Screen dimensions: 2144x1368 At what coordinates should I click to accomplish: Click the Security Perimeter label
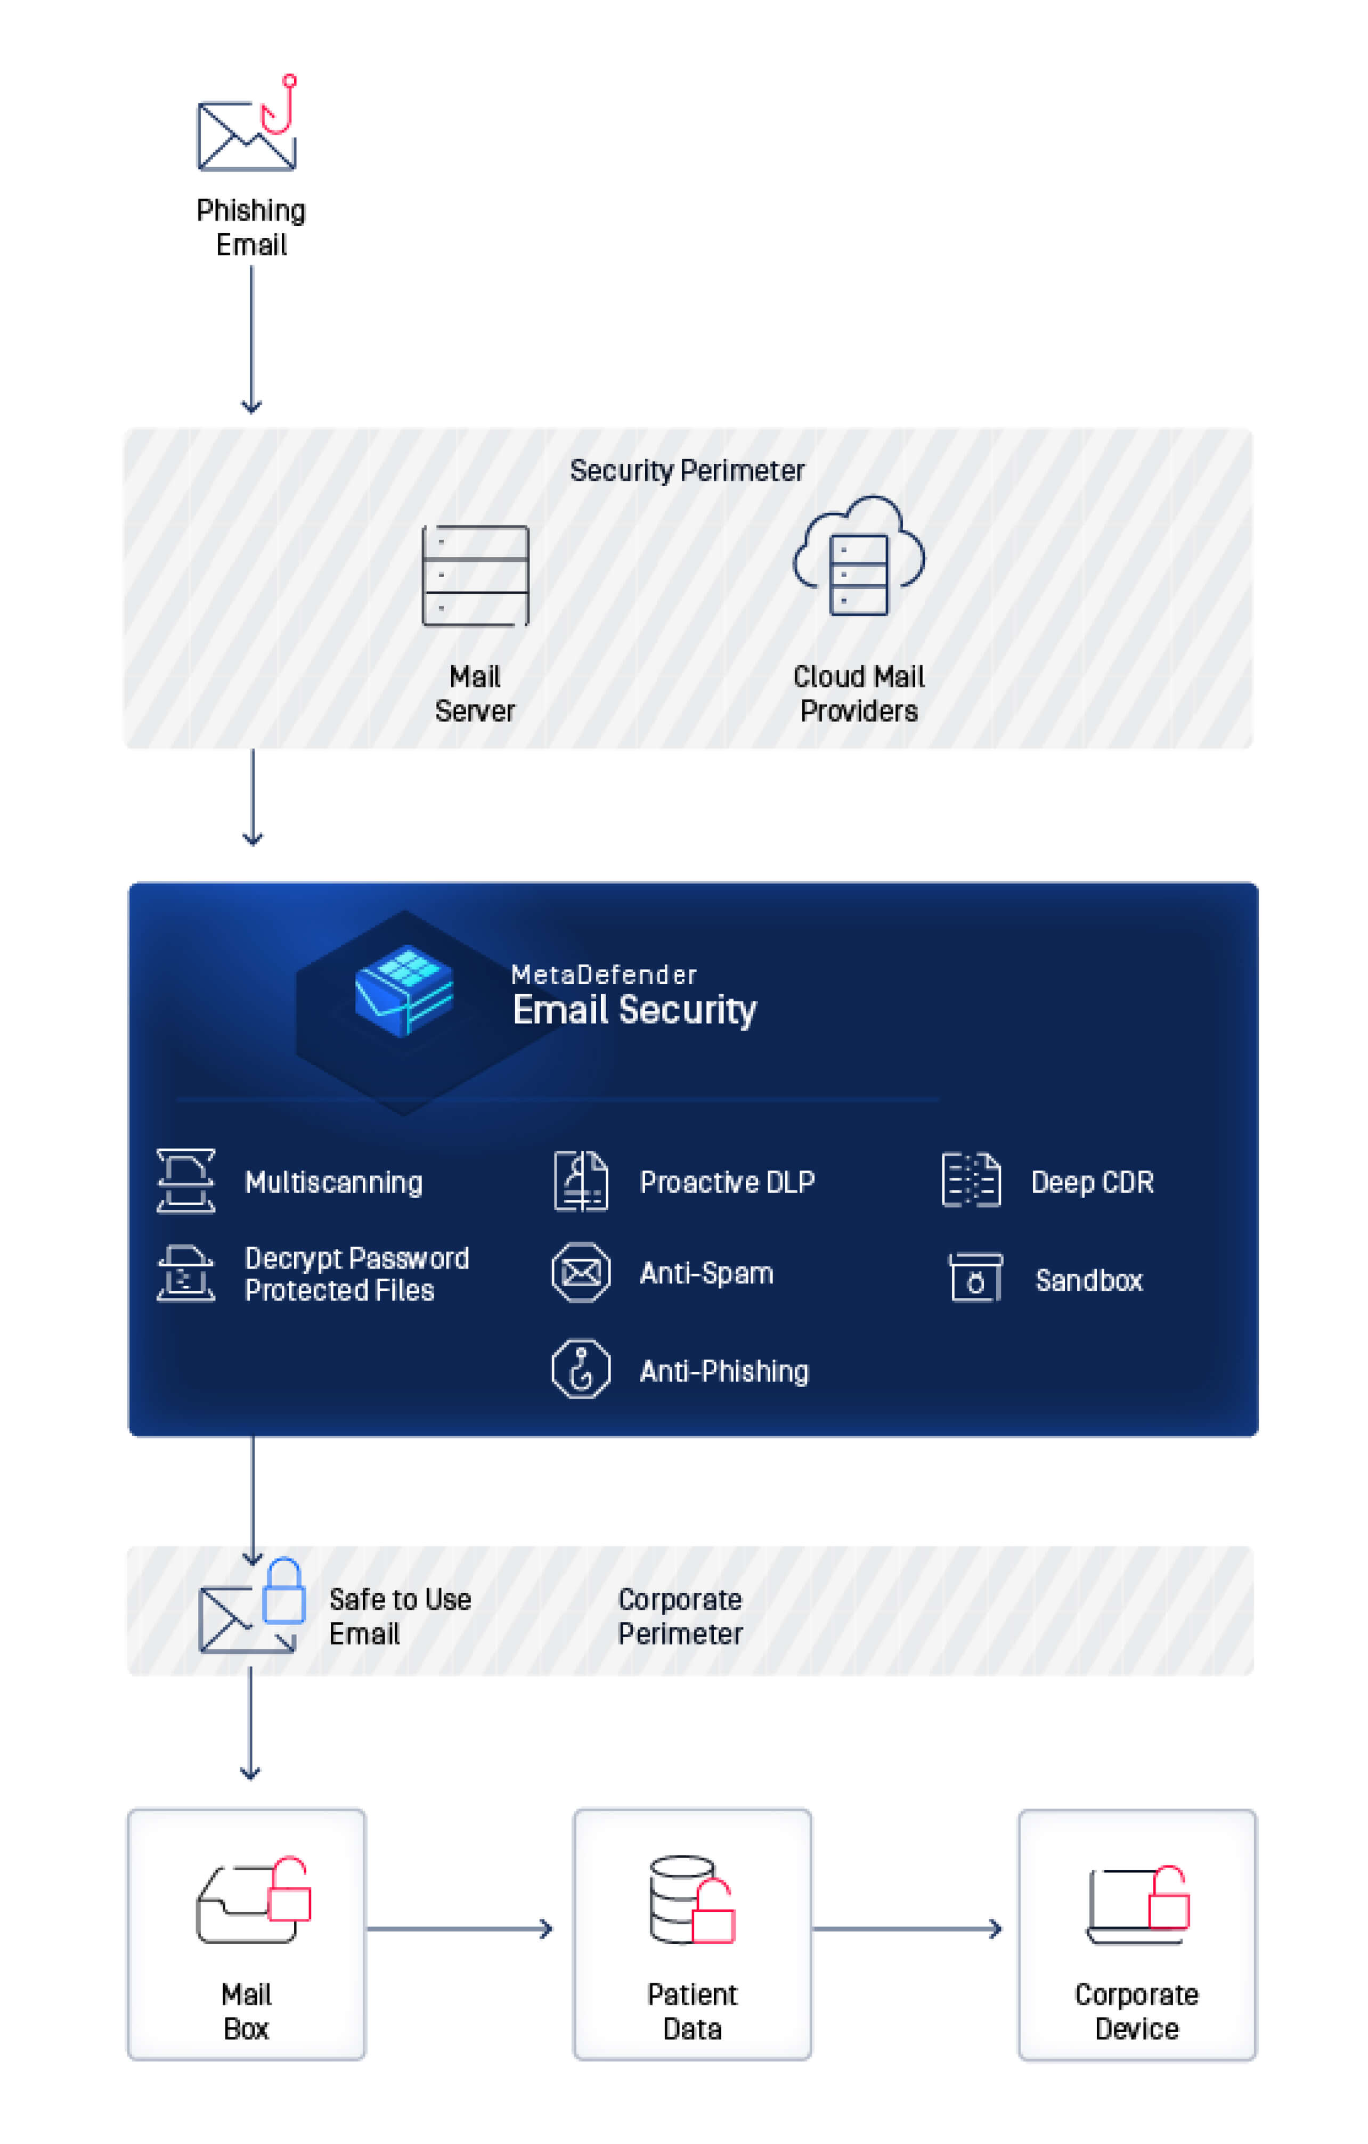687,470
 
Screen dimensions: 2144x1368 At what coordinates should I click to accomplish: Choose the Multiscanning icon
185,1181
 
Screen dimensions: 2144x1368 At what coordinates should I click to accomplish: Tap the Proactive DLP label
727,1182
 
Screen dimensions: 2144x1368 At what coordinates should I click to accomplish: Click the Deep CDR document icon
971,1181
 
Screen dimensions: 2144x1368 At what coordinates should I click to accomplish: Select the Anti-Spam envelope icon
581,1273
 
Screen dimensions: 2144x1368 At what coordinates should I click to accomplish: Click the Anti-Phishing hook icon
581,1369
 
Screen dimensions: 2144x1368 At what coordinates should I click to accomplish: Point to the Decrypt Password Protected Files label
356,1274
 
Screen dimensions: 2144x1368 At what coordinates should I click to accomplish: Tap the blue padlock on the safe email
284,1592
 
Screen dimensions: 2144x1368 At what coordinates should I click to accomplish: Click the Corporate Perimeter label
680,1616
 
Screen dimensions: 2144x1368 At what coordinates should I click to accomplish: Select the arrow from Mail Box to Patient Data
460,1928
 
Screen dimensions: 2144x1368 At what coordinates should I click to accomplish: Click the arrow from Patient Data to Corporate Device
907,1928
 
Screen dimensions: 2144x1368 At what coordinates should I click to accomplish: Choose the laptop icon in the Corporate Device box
1124,1905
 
